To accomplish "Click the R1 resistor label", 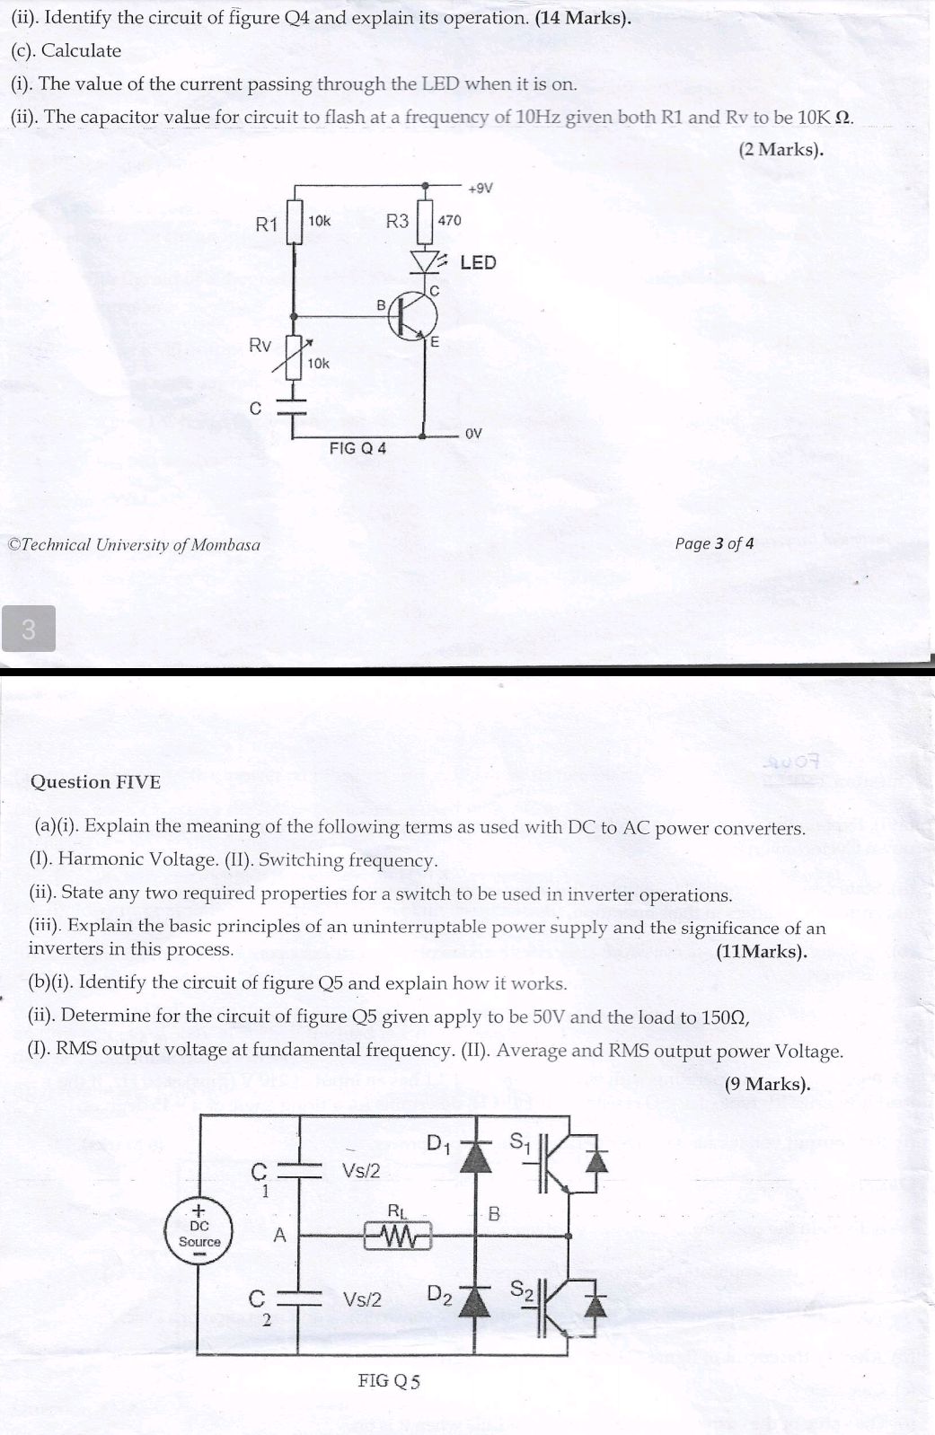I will coord(267,224).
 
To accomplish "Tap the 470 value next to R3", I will coord(449,220).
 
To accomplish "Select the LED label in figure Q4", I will coord(478,262).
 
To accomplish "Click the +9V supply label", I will coord(481,189).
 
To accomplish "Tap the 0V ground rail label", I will coord(473,434).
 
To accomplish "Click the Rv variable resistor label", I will coord(260,346).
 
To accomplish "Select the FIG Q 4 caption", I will coord(357,448).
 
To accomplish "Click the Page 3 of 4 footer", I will coord(714,543).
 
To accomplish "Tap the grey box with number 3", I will coord(28,629).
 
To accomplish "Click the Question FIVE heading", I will coord(95,781).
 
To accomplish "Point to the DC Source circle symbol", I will coord(199,1234).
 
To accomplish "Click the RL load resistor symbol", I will coord(397,1237).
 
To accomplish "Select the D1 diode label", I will coord(438,1143).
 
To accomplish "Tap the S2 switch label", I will coord(522,1290).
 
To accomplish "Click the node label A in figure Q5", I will coord(279,1236).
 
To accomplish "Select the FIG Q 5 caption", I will coord(388,1381).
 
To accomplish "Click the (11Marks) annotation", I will coord(761,951).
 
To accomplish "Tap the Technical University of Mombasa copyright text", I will coord(134,544).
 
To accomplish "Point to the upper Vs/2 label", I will coord(361,1171).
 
